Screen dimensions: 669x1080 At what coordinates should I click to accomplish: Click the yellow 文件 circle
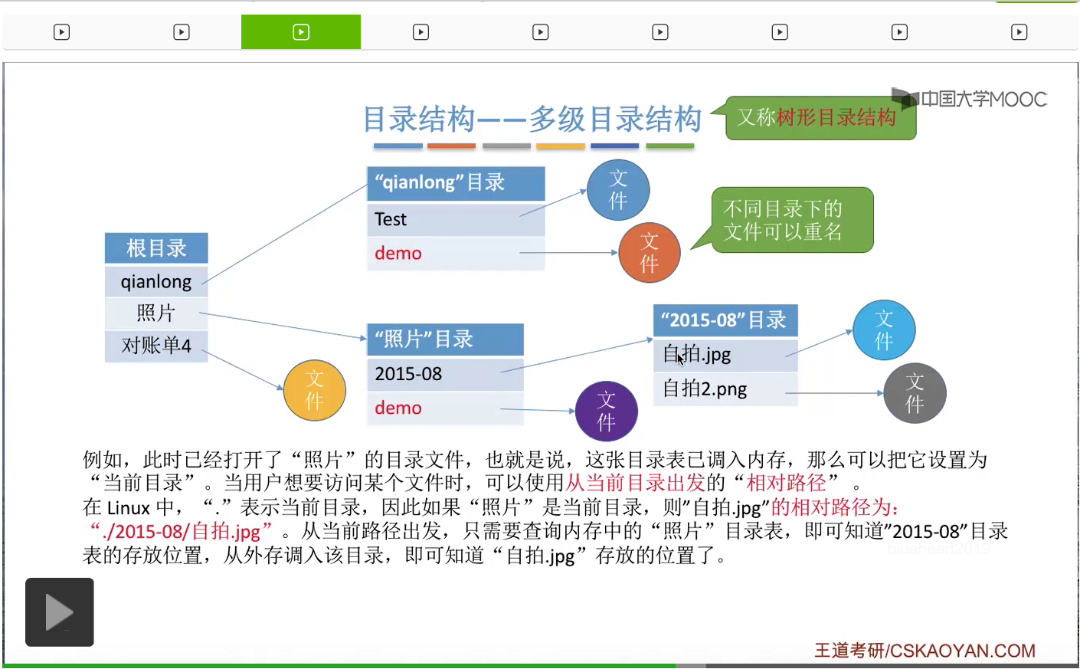pyautogui.click(x=314, y=390)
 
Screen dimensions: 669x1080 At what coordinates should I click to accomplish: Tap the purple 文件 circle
pyautogui.click(x=606, y=412)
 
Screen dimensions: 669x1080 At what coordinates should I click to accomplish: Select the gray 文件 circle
pyautogui.click(x=915, y=393)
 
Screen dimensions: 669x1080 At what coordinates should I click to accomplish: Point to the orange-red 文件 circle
pyautogui.click(x=649, y=253)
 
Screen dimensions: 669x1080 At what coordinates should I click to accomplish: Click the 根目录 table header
pyautogui.click(x=156, y=248)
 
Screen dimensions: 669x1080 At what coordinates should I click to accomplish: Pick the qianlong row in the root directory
pyautogui.click(x=156, y=281)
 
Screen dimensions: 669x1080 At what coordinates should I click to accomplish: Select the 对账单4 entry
pyautogui.click(x=156, y=346)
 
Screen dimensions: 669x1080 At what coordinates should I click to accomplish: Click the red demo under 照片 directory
pyautogui.click(x=398, y=408)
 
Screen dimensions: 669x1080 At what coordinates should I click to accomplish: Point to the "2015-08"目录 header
pyautogui.click(x=725, y=320)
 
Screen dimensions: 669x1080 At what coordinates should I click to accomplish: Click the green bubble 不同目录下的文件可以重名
pyautogui.click(x=792, y=220)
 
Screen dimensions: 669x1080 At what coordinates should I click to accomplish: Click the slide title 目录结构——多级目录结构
pyautogui.click(x=532, y=119)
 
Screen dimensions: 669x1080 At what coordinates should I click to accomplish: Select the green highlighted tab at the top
pyautogui.click(x=301, y=32)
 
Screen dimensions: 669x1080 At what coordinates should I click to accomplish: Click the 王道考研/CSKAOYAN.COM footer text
pyautogui.click(x=925, y=651)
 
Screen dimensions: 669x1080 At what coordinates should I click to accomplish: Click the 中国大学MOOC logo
pyautogui.click(x=970, y=99)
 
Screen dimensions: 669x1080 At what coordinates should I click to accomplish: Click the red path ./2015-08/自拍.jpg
pyautogui.click(x=182, y=531)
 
